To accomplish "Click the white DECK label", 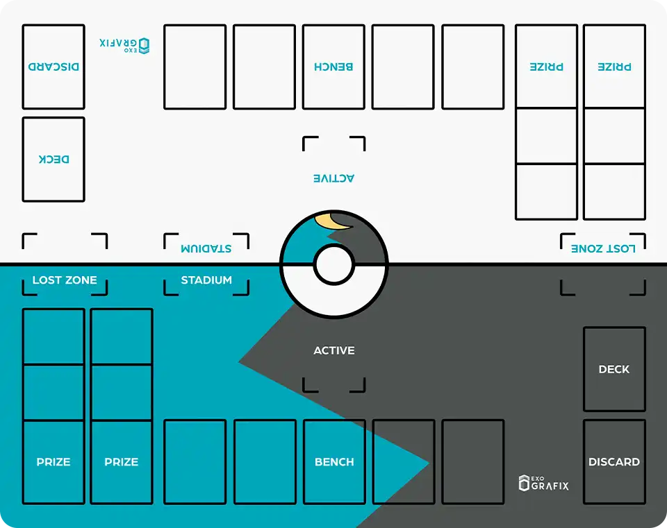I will (x=614, y=369).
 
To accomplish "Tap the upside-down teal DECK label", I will (x=53, y=159).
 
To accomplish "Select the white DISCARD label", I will (x=614, y=461).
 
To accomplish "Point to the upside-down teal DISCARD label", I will (x=53, y=67).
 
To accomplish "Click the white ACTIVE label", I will (x=334, y=350).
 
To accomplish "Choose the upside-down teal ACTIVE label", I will (x=334, y=178).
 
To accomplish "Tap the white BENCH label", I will (x=334, y=461).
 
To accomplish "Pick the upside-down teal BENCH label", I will (x=334, y=67).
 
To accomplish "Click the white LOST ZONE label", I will (x=65, y=280).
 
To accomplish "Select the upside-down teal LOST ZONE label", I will (x=603, y=248).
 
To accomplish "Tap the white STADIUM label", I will (x=206, y=280).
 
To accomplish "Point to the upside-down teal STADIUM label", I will (x=206, y=248).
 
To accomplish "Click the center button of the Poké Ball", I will (x=334, y=264).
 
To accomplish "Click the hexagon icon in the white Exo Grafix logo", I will (x=524, y=484).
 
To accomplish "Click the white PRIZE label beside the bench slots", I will (x=122, y=461).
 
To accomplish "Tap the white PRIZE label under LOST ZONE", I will (x=53, y=461).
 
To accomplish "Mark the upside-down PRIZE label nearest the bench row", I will (x=546, y=67).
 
